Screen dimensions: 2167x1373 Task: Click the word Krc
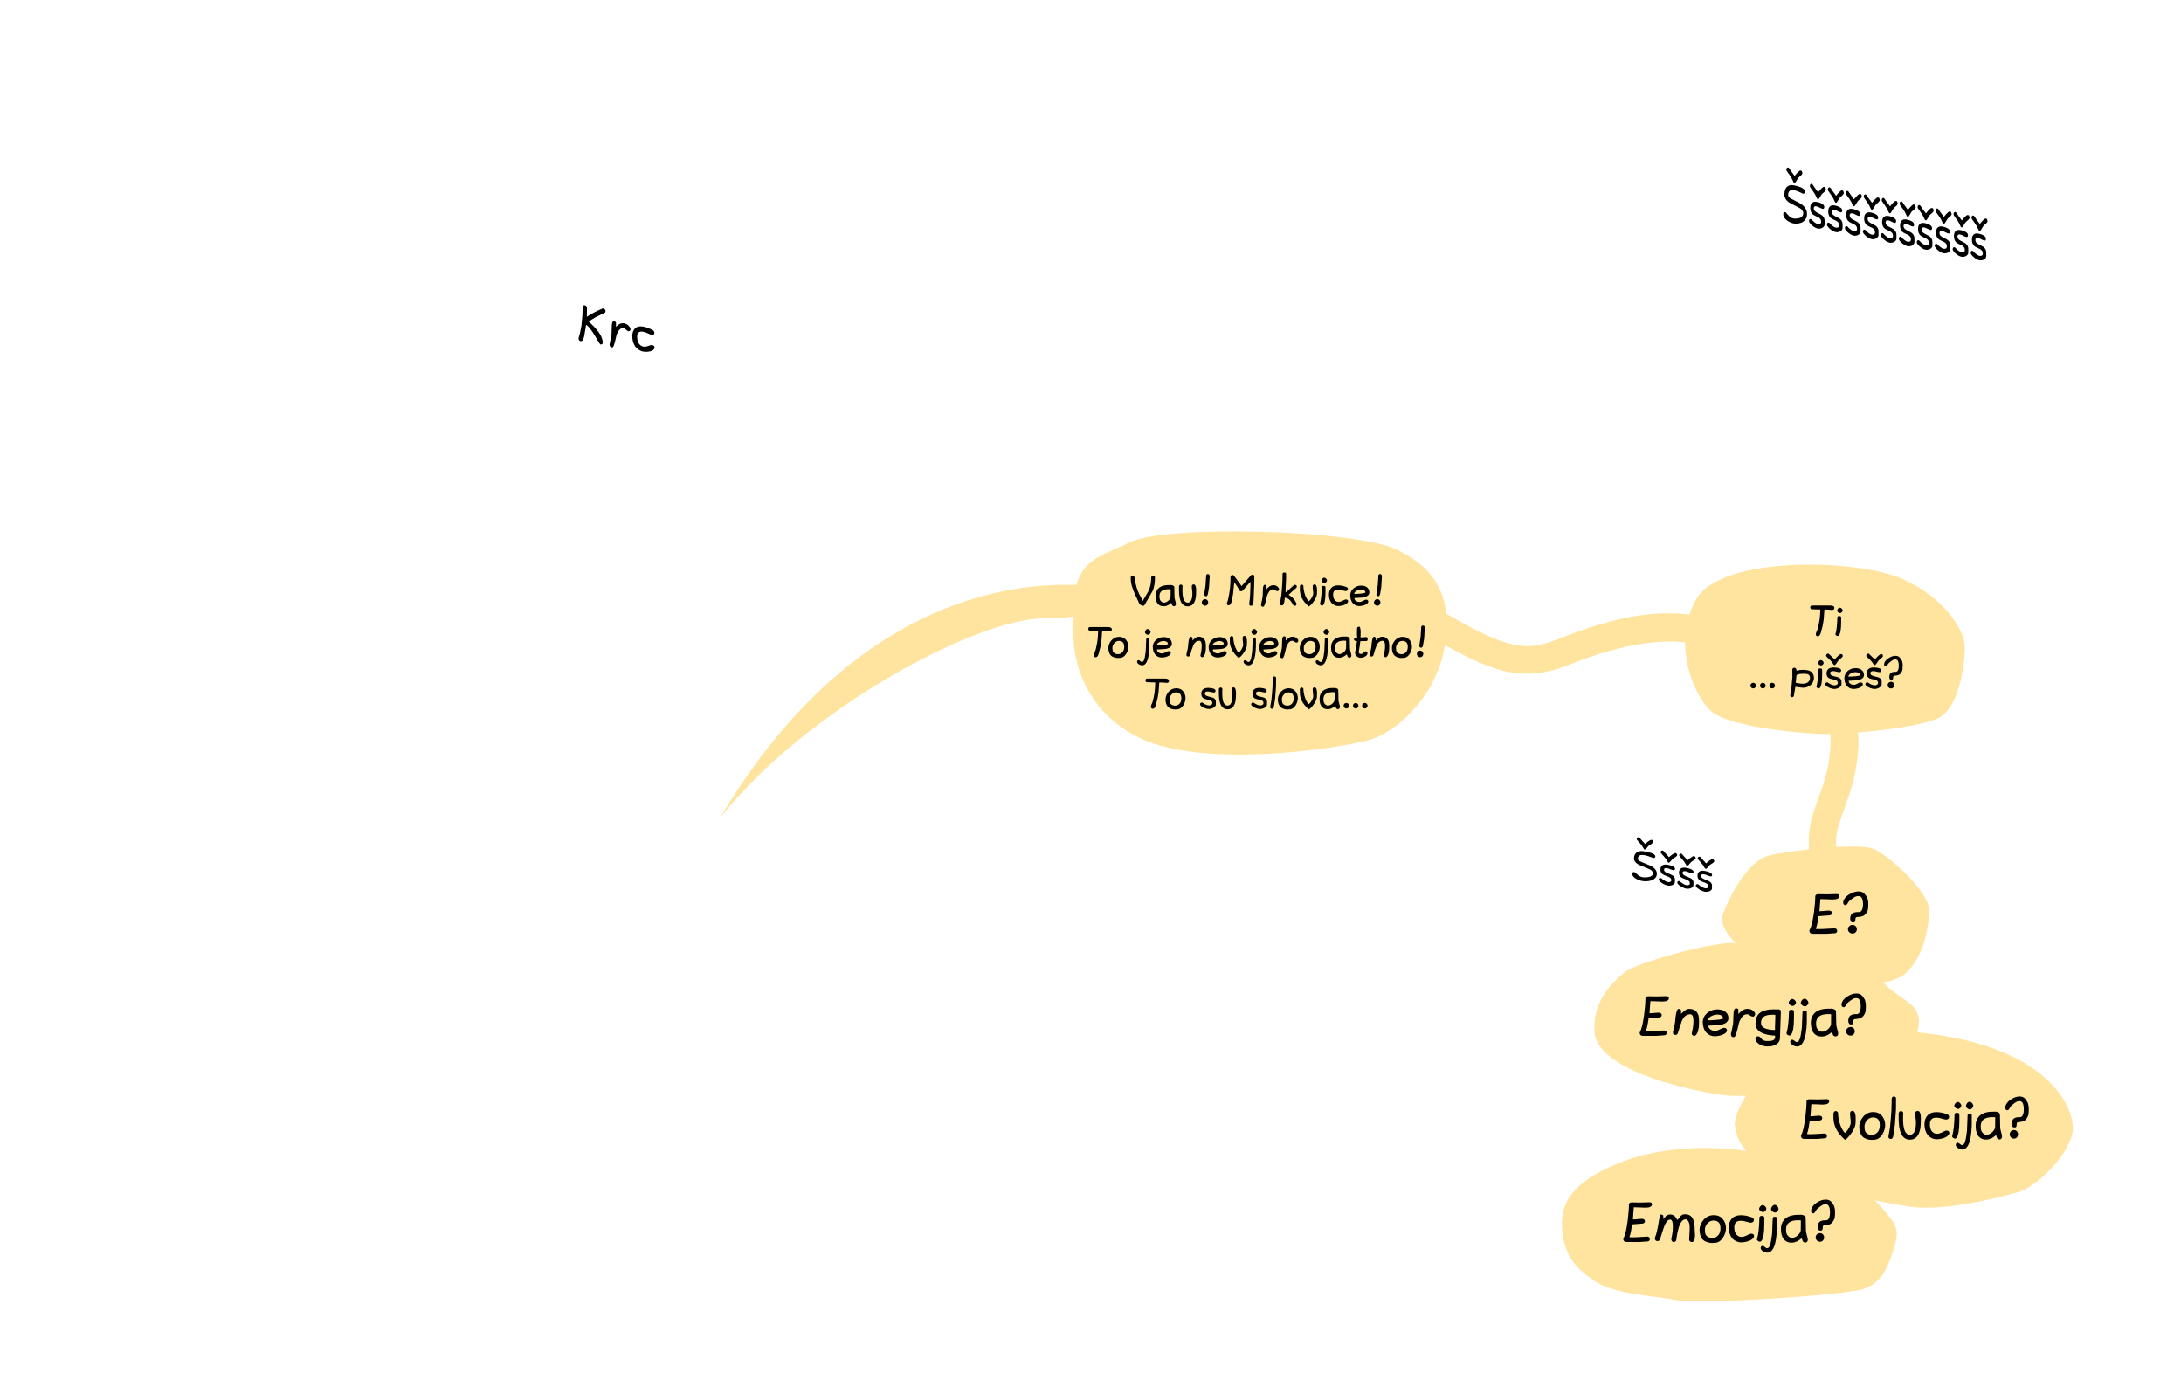click(617, 328)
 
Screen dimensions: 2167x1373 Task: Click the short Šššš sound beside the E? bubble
click(1673, 866)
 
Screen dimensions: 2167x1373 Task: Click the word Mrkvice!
click(1305, 591)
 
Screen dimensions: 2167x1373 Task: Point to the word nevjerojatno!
click(1306, 645)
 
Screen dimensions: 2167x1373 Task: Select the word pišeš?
click(1846, 674)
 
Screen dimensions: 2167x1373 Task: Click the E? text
click(1839, 914)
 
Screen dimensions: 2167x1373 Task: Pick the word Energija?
click(1752, 1018)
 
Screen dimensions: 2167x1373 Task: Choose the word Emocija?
click(1729, 1225)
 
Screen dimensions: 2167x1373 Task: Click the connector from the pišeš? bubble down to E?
click(1832, 790)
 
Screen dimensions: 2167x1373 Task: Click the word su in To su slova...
click(1218, 696)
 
